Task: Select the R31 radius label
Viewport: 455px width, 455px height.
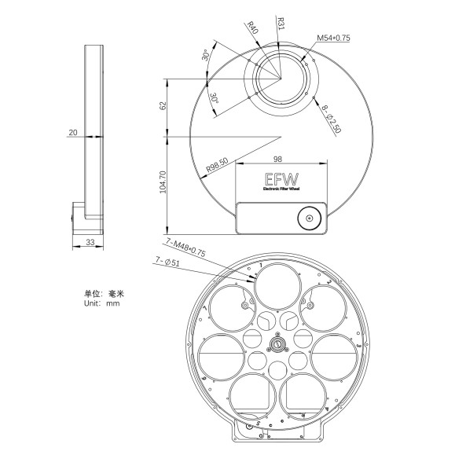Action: click(280, 24)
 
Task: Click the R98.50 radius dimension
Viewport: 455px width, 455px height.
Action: click(217, 166)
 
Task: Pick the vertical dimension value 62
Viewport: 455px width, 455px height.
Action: click(163, 105)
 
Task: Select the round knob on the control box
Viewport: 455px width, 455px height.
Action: click(309, 218)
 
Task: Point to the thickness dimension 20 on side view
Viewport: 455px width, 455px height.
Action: click(73, 133)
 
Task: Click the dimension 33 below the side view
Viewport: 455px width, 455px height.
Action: click(90, 243)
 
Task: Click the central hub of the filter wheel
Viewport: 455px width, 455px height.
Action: click(277, 343)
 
